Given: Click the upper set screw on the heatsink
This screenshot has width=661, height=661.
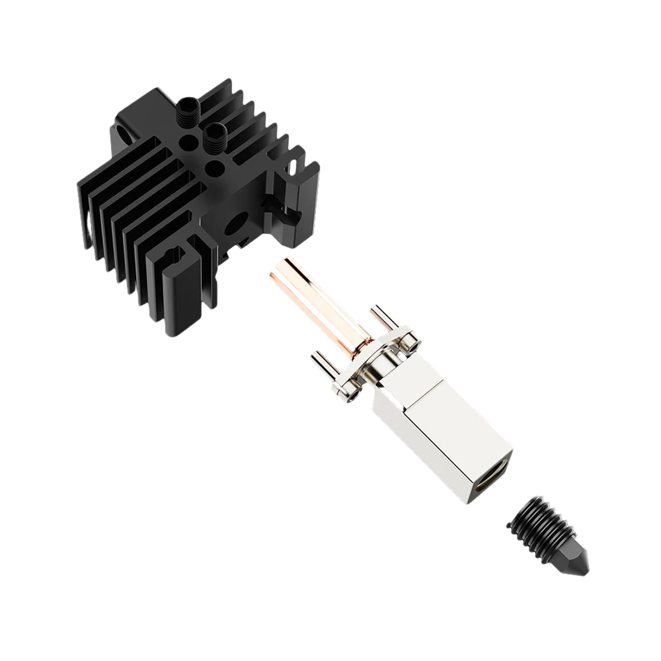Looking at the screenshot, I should click(187, 111).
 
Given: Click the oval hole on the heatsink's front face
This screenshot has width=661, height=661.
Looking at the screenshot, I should click(234, 228).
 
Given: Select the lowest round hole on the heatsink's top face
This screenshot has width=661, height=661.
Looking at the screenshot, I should click(215, 171).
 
